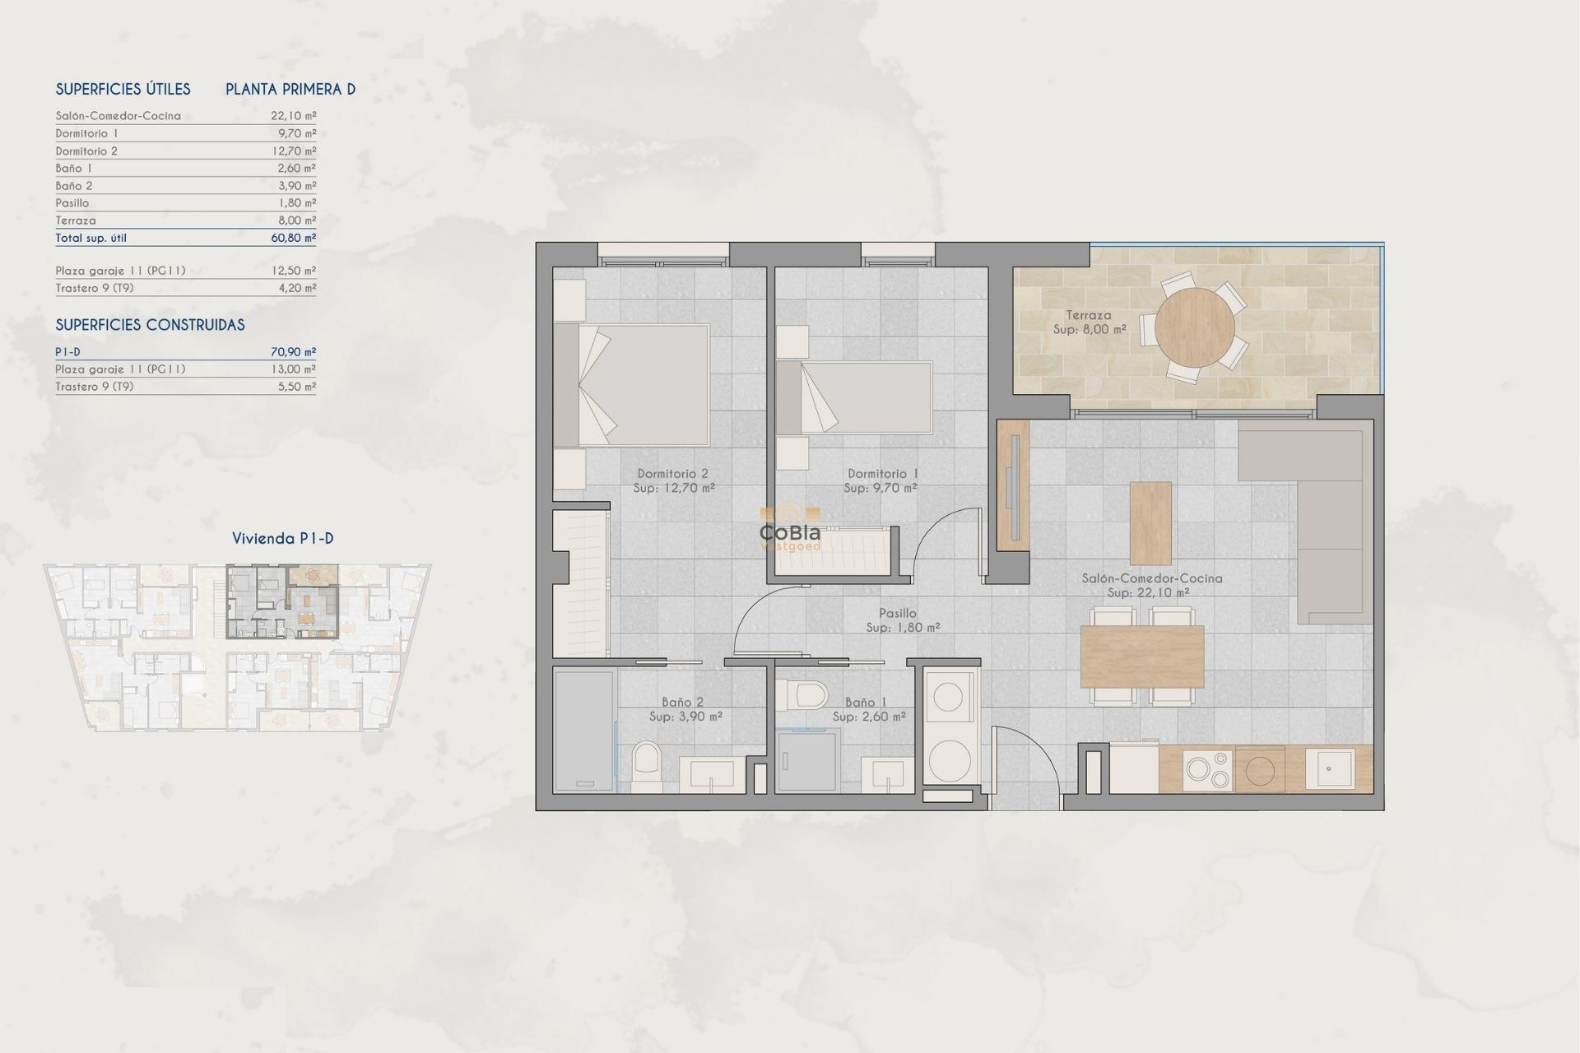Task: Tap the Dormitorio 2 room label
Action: coord(672,474)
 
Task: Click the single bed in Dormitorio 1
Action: coord(856,397)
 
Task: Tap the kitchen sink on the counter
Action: coord(1330,768)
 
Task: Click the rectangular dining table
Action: coord(1141,656)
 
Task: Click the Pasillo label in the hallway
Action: coord(897,613)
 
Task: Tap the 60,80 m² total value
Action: coord(293,238)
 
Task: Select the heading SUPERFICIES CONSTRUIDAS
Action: coord(150,325)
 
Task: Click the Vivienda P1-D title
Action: coord(282,539)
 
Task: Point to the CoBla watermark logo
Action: coord(790,532)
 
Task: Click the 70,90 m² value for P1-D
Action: coord(293,352)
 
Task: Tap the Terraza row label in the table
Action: coord(76,220)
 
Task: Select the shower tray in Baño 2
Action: coord(583,731)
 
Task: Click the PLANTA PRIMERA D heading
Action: coord(290,90)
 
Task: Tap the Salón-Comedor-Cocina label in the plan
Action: coord(1151,578)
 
